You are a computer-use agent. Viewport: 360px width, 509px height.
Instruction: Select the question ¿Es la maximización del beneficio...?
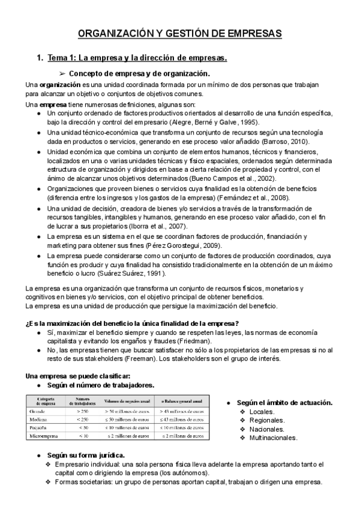tap(133, 323)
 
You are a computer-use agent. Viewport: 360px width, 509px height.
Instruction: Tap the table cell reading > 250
tap(82, 412)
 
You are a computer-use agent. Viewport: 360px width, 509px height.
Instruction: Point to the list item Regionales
tap(266, 420)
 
